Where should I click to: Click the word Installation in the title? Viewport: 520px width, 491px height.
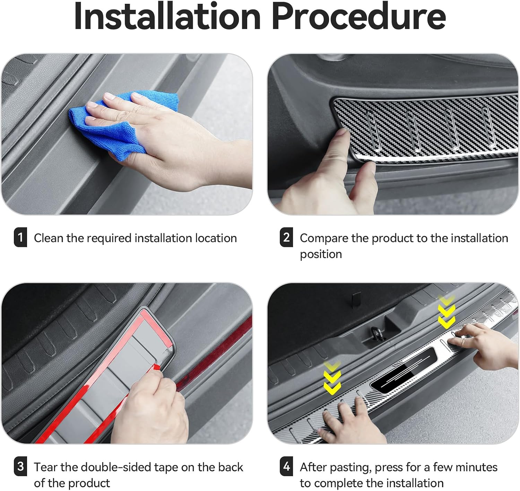click(x=167, y=16)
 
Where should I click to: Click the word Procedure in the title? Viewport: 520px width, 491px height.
click(x=359, y=16)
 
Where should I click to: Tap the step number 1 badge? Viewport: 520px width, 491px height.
click(x=20, y=237)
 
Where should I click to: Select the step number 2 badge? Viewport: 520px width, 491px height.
click(x=286, y=237)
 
